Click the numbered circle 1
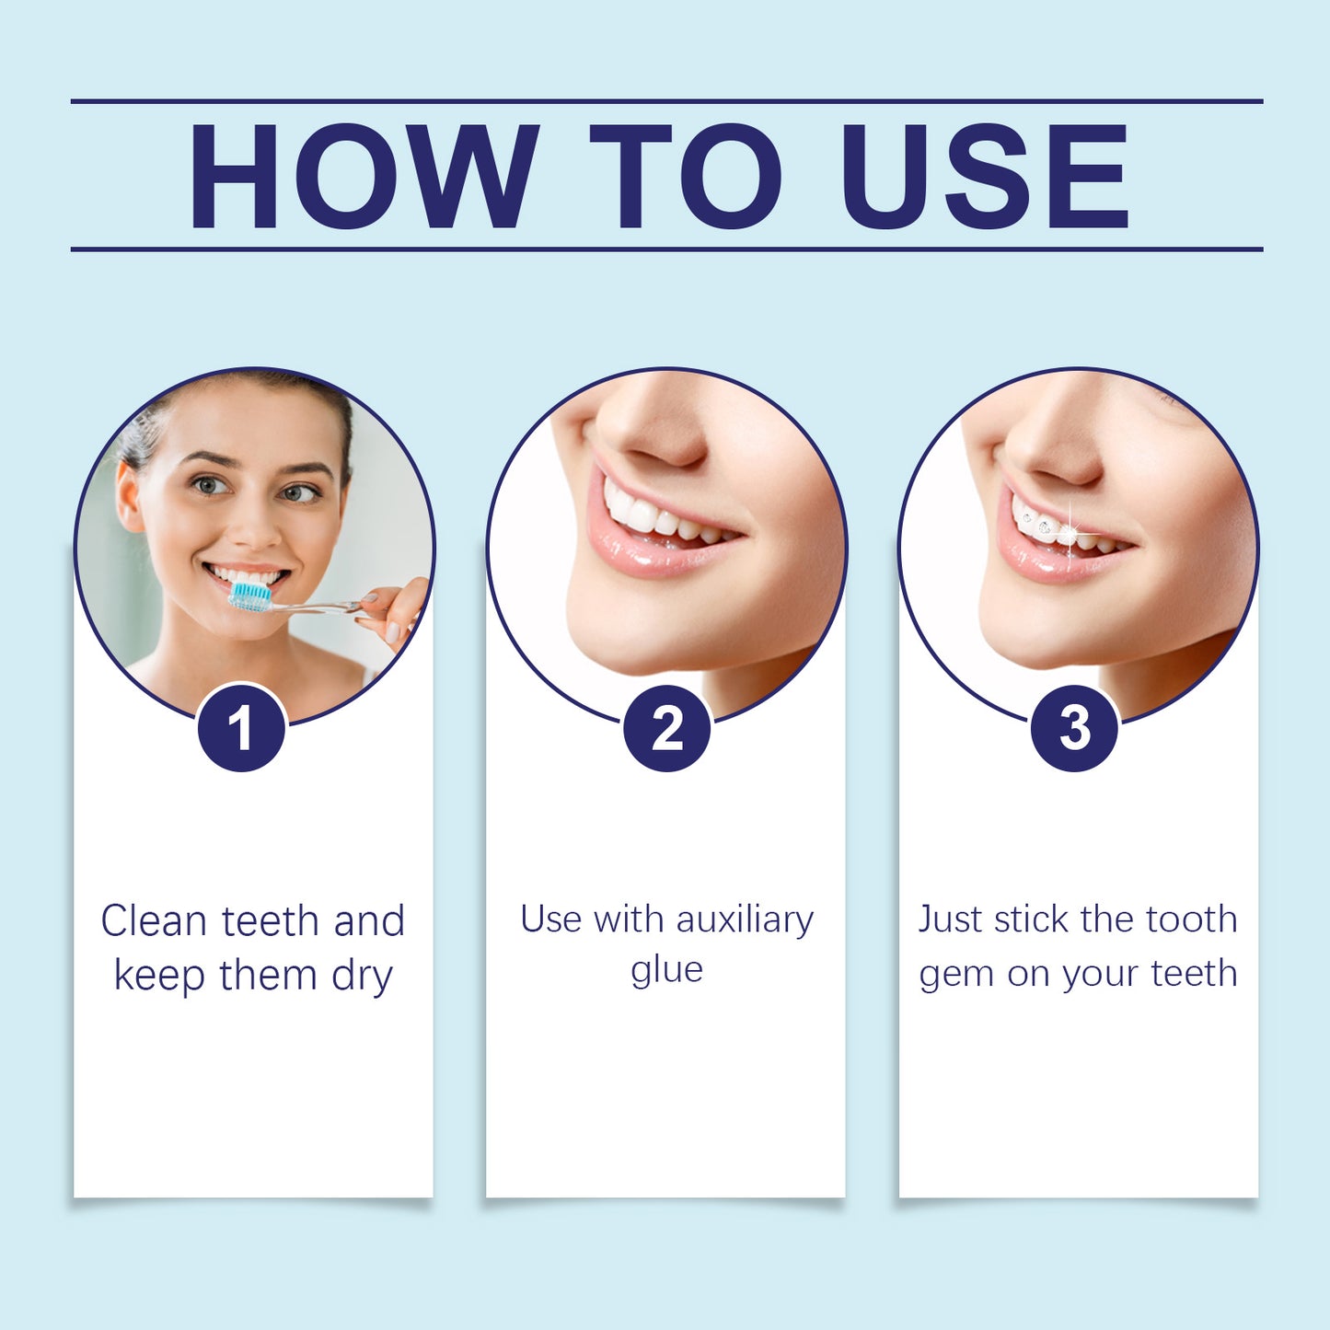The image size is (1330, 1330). click(x=241, y=728)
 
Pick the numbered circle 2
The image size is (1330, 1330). click(x=666, y=728)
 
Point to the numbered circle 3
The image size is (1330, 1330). click(x=1074, y=728)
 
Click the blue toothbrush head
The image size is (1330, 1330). click(x=249, y=596)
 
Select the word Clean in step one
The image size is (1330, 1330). click(x=154, y=920)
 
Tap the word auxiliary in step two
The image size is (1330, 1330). click(x=745, y=919)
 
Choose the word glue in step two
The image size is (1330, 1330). click(x=666, y=970)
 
